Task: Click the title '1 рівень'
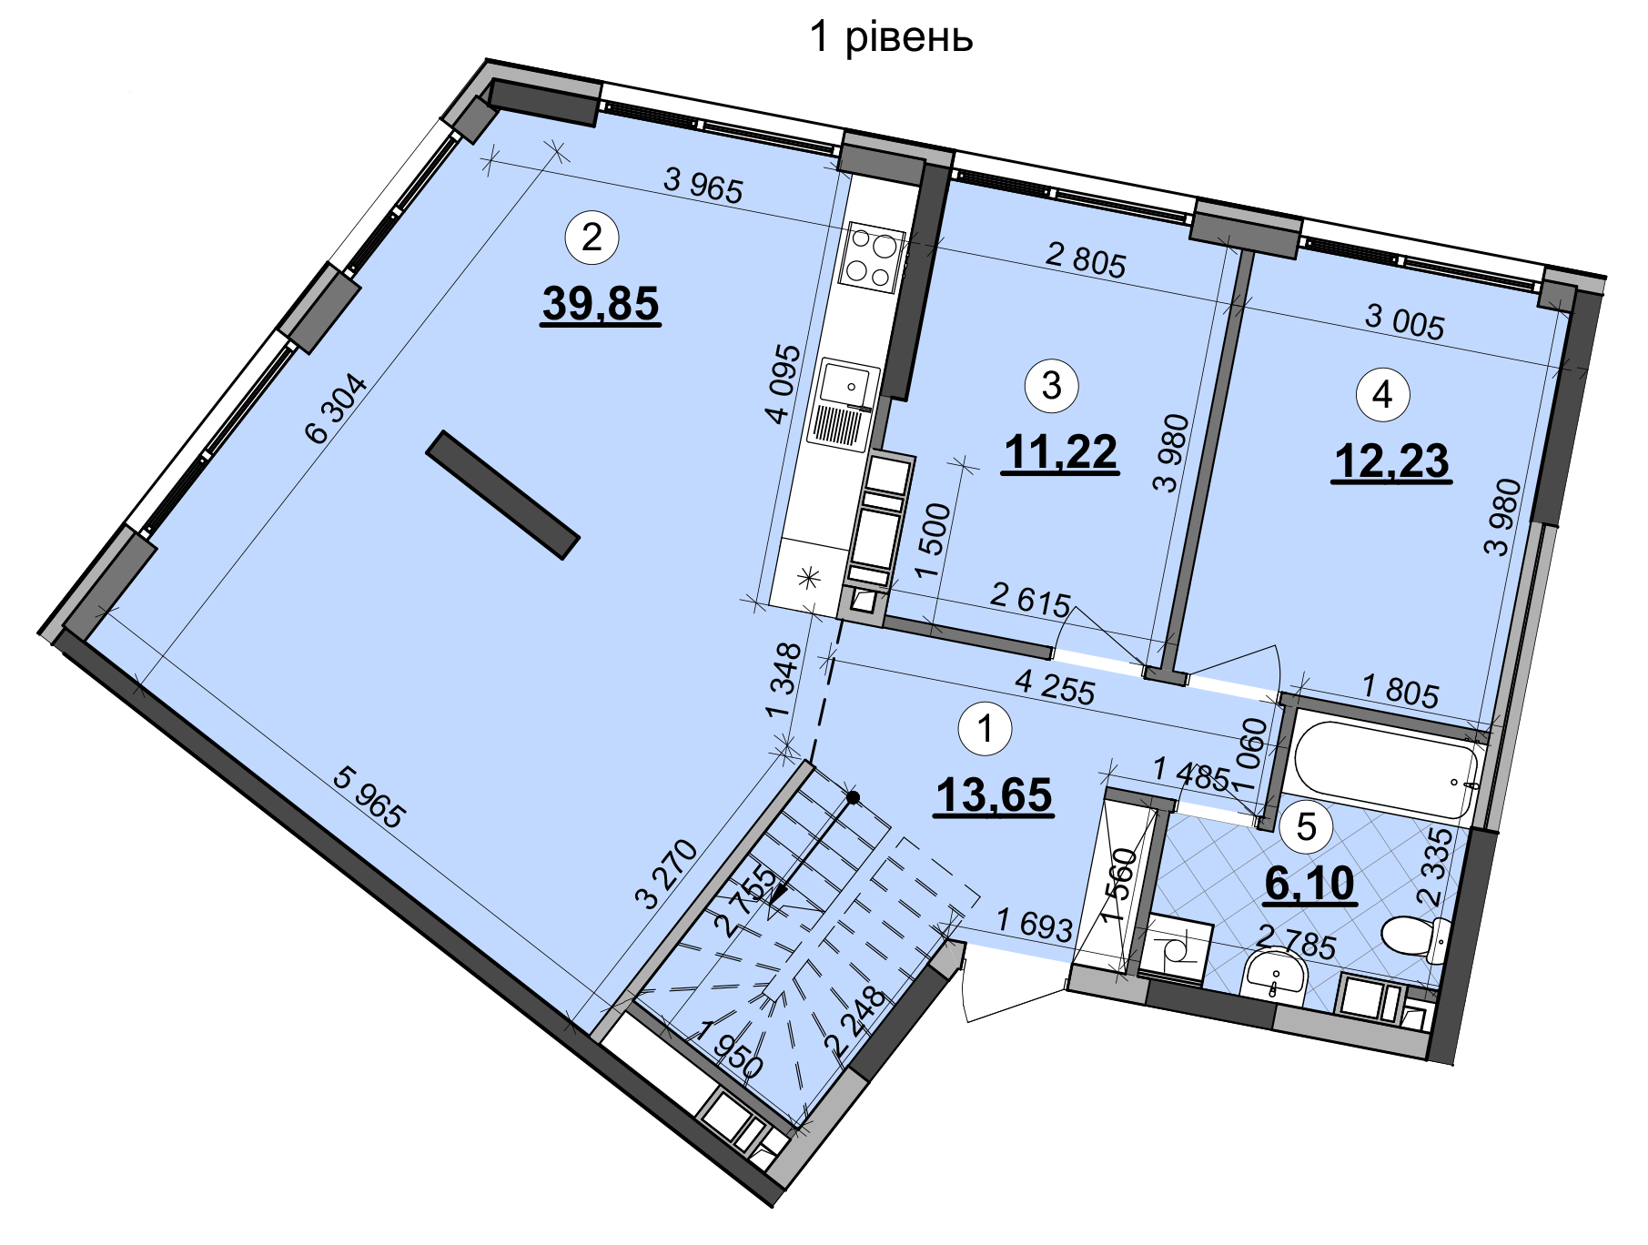pos(891,38)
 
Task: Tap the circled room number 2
pos(591,238)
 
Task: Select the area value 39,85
pos(601,304)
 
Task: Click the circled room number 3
pos(1051,385)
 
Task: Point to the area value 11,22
pos(1060,452)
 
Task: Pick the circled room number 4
pos(1382,395)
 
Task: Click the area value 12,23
pos(1391,461)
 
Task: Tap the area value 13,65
pos(994,795)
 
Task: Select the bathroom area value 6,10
pos(1310,884)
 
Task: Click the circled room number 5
pos(1306,827)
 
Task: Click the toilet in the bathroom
pos(1416,937)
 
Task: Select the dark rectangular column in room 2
pos(502,494)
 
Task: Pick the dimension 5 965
pos(368,797)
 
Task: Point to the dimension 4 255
pos(1055,687)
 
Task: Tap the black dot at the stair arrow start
pos(853,798)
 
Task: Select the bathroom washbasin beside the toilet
pos(1273,976)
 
